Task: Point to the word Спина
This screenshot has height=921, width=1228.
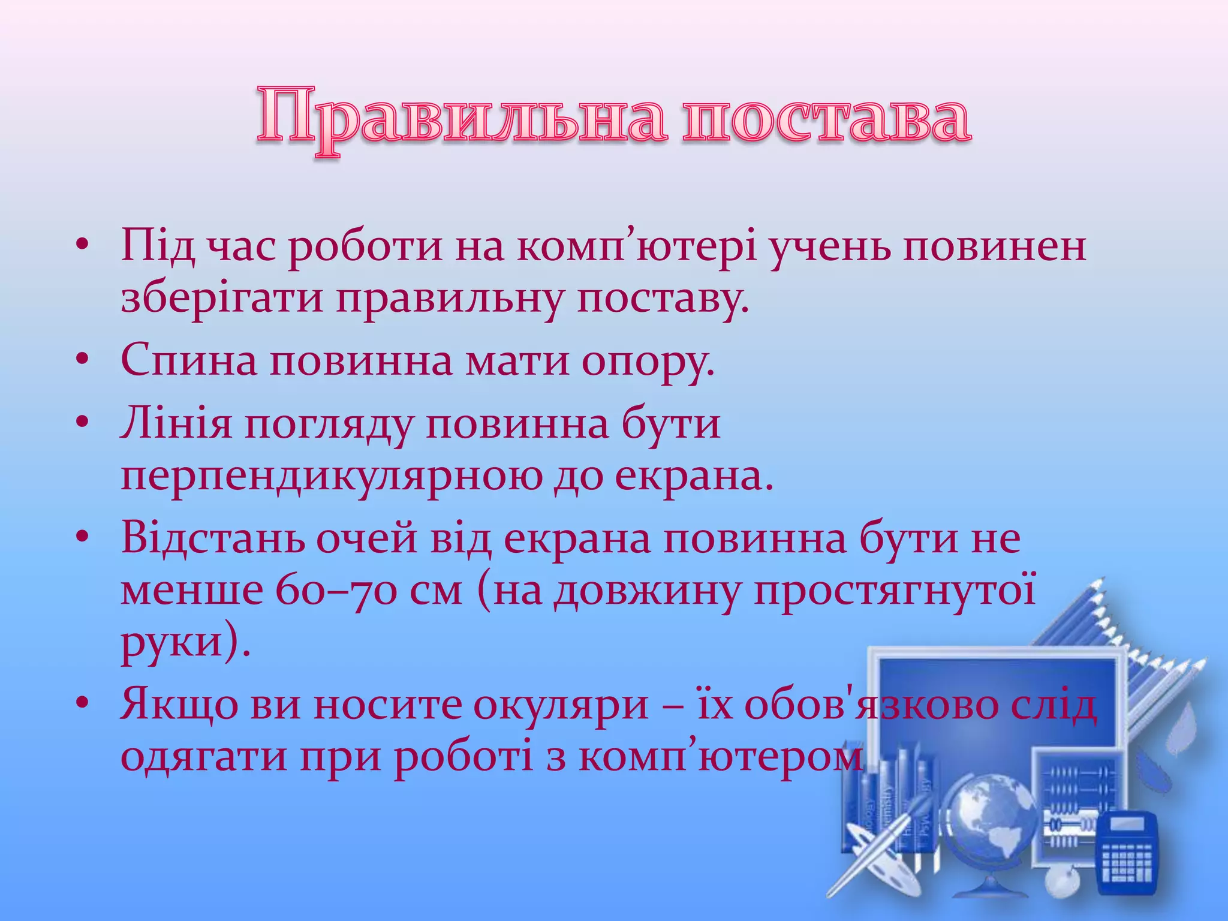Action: pos(188,361)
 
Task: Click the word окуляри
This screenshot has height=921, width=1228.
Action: pos(561,705)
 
